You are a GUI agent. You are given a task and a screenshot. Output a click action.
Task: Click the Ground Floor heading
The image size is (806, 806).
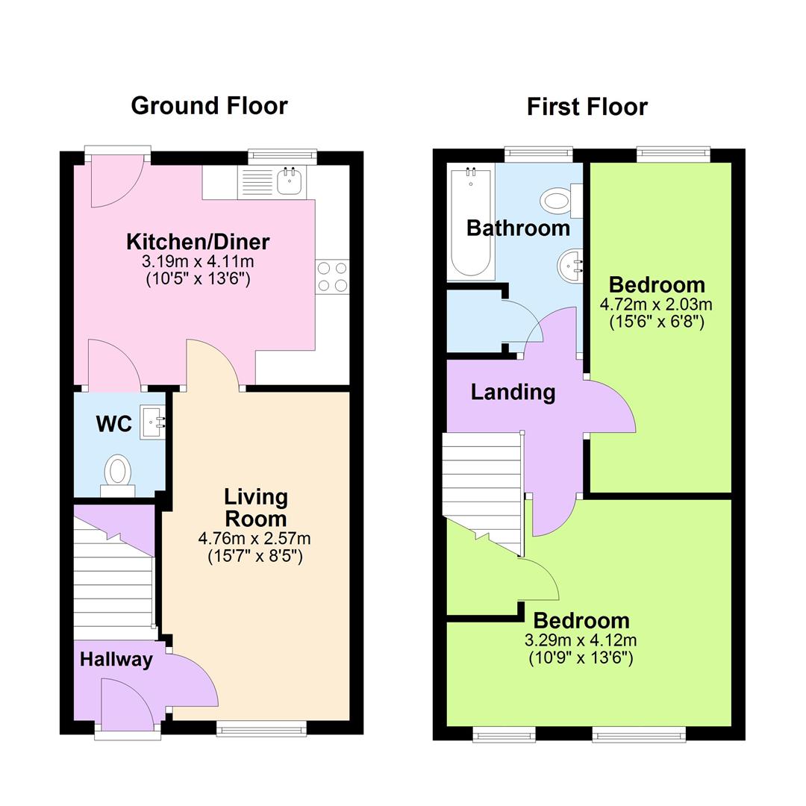[209, 106]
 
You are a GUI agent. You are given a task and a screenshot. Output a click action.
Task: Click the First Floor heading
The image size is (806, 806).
[587, 107]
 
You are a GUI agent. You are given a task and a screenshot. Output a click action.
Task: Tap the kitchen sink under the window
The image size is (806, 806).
[290, 181]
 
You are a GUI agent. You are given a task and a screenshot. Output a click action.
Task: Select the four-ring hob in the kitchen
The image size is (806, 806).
[332, 276]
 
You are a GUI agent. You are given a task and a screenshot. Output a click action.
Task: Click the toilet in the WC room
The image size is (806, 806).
[117, 473]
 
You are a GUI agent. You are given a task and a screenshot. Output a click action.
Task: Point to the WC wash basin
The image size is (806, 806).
[153, 423]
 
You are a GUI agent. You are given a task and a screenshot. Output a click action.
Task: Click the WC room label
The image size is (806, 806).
[114, 424]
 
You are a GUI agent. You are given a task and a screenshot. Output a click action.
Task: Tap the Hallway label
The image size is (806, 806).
[116, 660]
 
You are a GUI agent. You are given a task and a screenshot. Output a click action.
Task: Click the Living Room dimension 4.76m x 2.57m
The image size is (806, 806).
[254, 538]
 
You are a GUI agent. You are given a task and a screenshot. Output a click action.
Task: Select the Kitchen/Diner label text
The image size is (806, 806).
[198, 242]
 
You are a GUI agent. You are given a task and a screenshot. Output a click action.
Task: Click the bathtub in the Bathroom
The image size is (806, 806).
[470, 222]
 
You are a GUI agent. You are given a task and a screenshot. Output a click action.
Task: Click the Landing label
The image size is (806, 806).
[513, 392]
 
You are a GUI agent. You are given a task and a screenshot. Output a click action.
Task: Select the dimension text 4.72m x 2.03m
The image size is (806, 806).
[656, 304]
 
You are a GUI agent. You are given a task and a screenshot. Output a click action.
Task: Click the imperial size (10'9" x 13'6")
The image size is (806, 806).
[581, 658]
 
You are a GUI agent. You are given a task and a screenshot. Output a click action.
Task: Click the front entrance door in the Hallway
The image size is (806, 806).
[127, 702]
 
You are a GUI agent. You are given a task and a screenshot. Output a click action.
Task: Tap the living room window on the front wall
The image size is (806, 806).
[261, 728]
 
